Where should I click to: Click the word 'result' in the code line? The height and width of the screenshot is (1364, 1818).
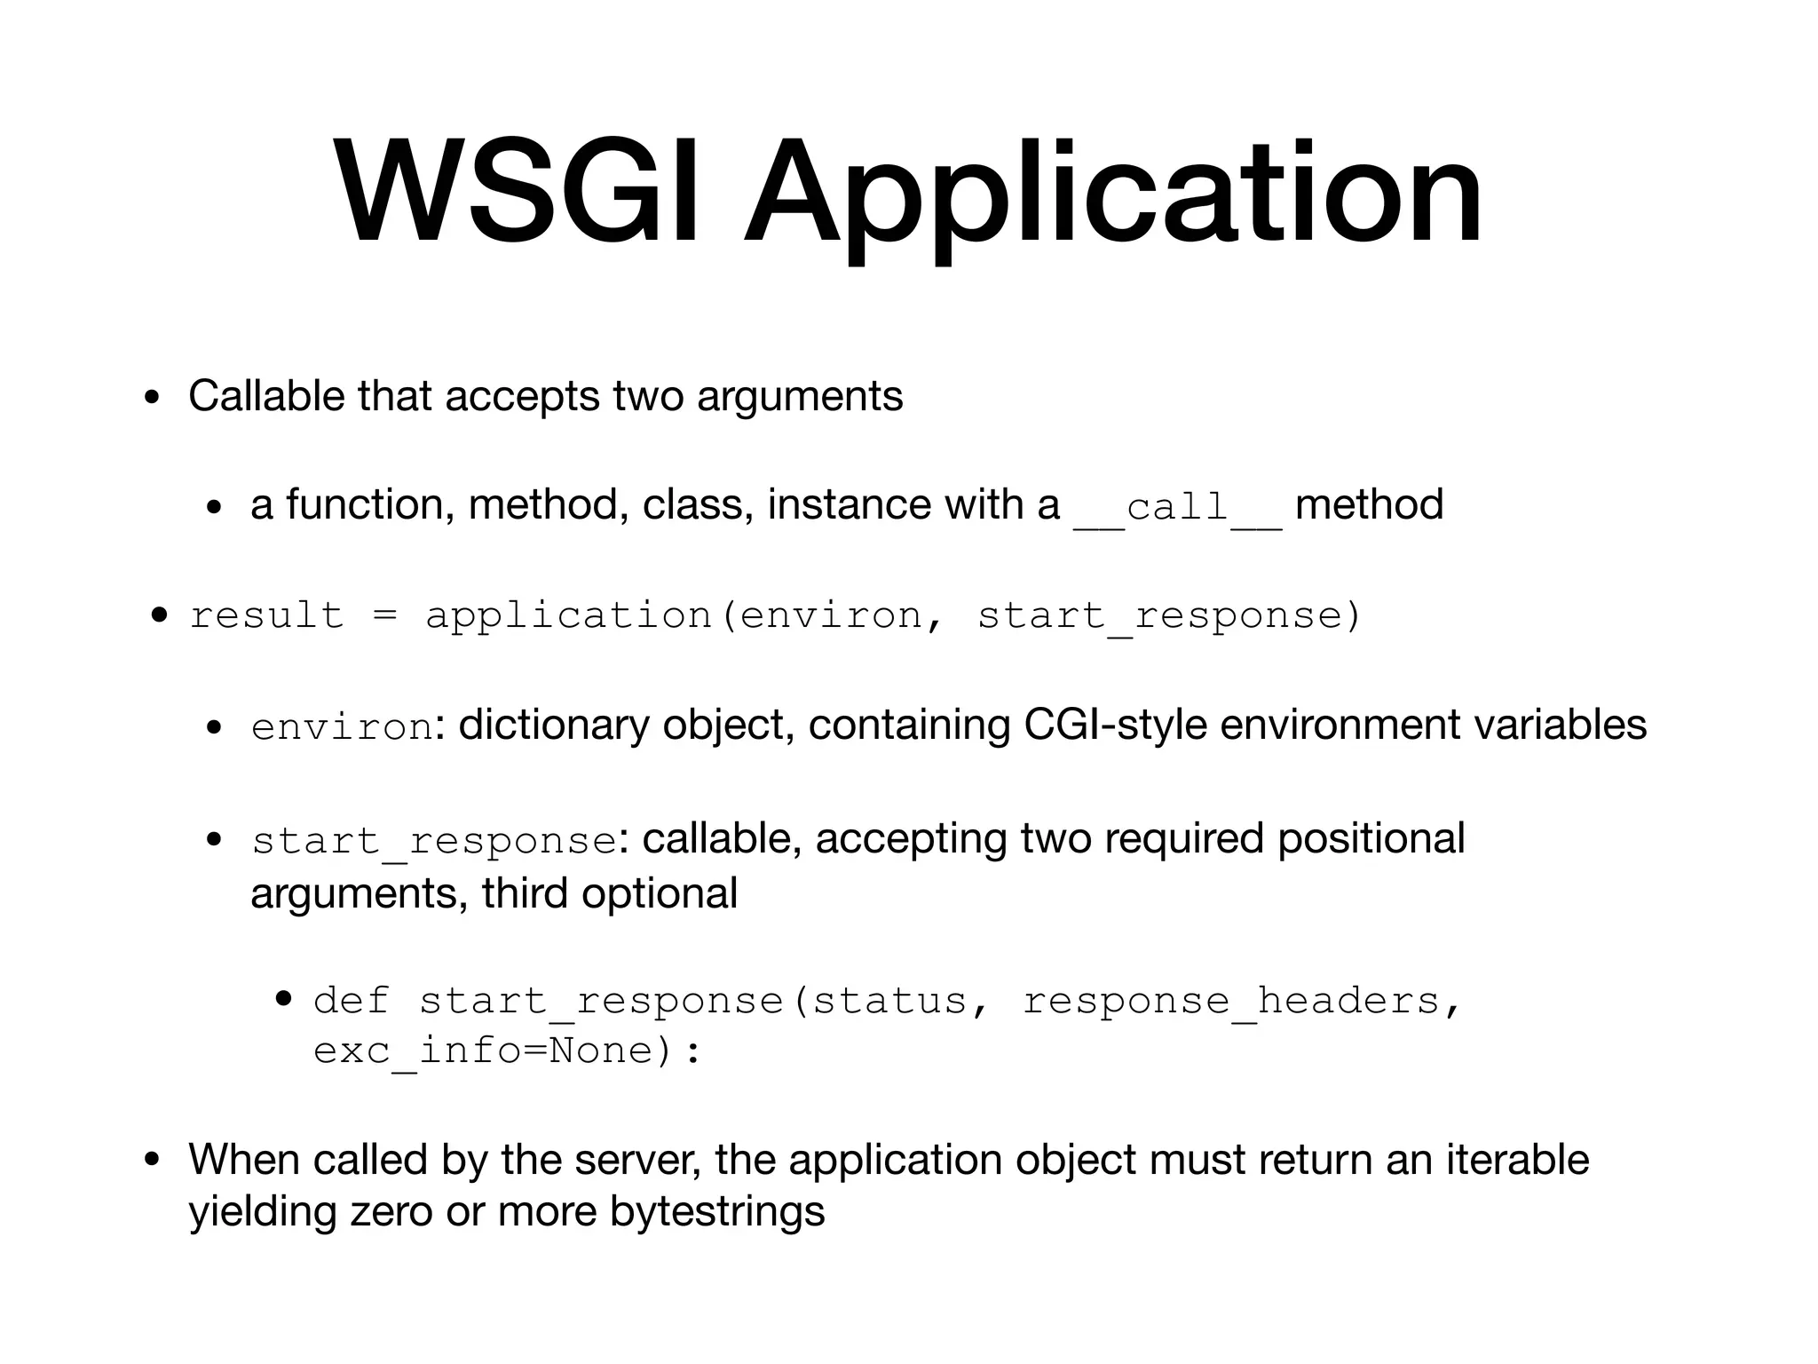click(266, 615)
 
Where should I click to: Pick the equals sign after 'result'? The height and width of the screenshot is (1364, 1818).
click(384, 615)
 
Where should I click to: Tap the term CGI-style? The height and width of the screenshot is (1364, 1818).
click(1115, 726)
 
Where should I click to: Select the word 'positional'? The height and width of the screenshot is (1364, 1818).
click(1371, 839)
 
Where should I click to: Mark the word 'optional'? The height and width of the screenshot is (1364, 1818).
click(660, 893)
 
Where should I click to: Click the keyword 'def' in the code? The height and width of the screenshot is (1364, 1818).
click(351, 1002)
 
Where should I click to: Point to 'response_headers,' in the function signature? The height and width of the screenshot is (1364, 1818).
click(1241, 1002)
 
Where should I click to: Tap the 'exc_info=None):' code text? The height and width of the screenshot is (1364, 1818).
click(507, 1051)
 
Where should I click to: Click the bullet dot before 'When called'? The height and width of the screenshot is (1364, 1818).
click(152, 1161)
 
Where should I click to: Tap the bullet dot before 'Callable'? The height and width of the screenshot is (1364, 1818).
click(152, 397)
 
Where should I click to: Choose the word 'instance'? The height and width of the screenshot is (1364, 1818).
click(849, 505)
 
